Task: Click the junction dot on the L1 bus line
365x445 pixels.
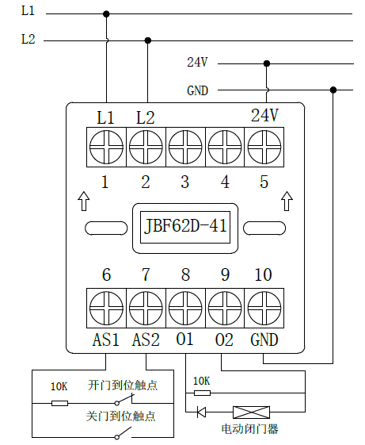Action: tap(106, 14)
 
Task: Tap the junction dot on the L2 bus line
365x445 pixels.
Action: tap(147, 40)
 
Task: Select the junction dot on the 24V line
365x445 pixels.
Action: tap(266, 63)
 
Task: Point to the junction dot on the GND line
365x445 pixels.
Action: tap(333, 90)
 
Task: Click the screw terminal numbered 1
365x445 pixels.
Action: tap(106, 147)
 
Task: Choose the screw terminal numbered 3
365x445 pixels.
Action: tap(185, 147)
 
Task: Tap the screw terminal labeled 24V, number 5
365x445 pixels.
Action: tap(264, 147)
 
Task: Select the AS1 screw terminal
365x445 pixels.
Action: tap(106, 309)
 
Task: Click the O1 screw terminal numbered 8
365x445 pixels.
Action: tap(185, 309)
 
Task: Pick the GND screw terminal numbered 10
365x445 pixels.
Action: tap(264, 309)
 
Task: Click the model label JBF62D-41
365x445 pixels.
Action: tap(185, 227)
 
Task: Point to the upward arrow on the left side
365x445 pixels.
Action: tap(84, 201)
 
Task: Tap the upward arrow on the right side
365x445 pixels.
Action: tap(287, 201)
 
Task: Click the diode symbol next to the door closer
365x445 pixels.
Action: tap(201, 412)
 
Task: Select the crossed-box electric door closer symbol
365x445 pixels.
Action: tap(251, 412)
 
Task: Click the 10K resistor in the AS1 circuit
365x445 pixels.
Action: tap(59, 403)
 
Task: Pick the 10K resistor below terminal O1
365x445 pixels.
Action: tap(202, 393)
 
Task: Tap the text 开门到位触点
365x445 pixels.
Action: tap(123, 386)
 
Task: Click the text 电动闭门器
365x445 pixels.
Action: tap(250, 429)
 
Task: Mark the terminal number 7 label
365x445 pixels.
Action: tap(146, 274)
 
